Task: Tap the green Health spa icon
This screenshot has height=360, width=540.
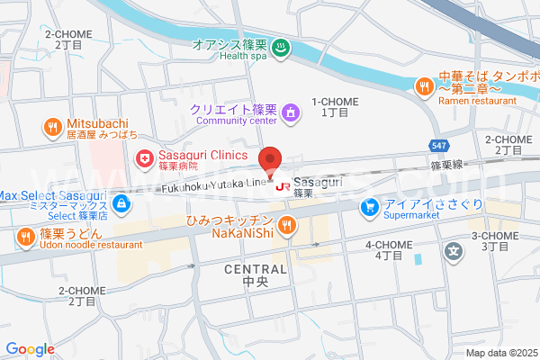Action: [281, 47]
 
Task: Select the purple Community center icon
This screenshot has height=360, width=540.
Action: [290, 112]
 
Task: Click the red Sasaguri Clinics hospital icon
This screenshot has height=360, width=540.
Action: [144, 159]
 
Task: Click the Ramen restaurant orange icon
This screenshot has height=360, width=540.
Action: [424, 85]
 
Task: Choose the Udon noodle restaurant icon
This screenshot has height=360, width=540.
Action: [25, 237]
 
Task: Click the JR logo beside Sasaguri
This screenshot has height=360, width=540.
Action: [283, 187]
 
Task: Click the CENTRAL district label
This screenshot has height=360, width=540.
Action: [256, 269]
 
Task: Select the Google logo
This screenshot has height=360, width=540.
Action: [30, 348]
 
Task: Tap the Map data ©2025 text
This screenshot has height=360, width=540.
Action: [499, 352]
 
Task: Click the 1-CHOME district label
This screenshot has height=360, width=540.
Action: [335, 103]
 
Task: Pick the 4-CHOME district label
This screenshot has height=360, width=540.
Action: [389, 245]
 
